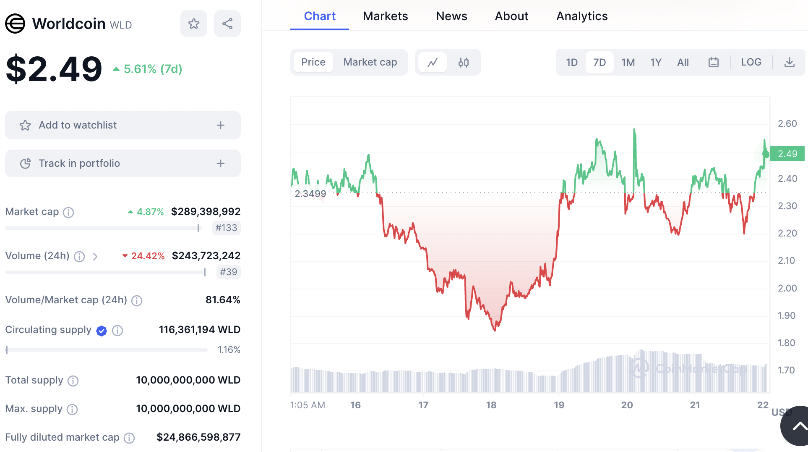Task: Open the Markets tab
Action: (x=385, y=16)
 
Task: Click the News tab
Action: (x=451, y=16)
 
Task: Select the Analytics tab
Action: (x=582, y=16)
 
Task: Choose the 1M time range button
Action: (x=628, y=63)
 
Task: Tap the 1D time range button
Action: (x=571, y=63)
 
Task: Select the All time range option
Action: (x=683, y=63)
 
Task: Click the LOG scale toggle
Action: (x=751, y=62)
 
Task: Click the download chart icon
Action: (x=789, y=63)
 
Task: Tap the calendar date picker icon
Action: (x=713, y=63)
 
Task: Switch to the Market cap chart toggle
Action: (x=370, y=62)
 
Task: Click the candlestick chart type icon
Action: (x=463, y=63)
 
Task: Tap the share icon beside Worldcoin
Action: (x=227, y=24)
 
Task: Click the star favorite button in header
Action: (x=193, y=24)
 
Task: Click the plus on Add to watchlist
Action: (x=221, y=125)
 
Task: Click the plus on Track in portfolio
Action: (x=221, y=163)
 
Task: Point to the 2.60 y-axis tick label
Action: (x=787, y=124)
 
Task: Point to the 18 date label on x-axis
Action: (x=491, y=405)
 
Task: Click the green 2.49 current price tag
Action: (x=787, y=154)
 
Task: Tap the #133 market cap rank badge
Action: (x=226, y=228)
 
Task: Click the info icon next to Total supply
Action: (x=73, y=381)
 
